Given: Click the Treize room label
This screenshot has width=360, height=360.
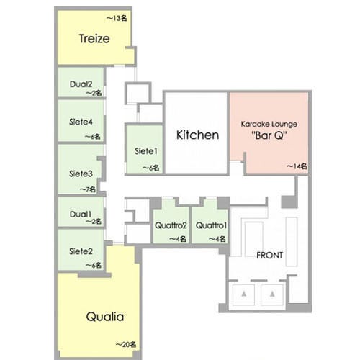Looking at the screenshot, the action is (94, 39).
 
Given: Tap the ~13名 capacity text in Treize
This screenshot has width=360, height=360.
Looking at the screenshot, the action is (117, 18).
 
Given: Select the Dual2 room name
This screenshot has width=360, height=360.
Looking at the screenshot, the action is (81, 84).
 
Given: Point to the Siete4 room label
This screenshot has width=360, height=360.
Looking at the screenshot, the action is (81, 122).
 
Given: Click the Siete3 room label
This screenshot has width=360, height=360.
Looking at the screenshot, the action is (81, 174).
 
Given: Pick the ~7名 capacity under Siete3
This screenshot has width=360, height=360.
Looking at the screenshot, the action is (88, 189).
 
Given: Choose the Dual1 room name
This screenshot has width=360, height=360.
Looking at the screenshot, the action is (81, 214).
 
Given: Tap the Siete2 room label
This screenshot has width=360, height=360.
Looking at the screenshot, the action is (81, 251).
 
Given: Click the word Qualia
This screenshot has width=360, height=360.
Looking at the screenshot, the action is (105, 317).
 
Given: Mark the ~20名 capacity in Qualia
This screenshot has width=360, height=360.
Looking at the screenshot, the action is (126, 345).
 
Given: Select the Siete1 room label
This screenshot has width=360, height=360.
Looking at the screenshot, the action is (146, 151).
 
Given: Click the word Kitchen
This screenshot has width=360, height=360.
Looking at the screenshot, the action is (197, 135).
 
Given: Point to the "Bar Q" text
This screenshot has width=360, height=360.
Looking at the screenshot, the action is (269, 135).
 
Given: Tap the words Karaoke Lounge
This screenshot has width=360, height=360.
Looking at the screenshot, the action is (269, 124).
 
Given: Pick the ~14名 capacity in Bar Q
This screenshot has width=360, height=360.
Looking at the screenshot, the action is (297, 166).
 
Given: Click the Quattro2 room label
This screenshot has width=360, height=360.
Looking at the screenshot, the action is (171, 225).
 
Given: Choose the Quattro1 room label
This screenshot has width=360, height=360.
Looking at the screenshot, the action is (211, 225).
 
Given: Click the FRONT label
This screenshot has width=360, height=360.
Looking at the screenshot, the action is (269, 256).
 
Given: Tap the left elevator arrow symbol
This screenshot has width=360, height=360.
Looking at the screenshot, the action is (244, 294).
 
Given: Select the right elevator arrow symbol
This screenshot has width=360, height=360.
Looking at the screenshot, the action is (272, 294).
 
